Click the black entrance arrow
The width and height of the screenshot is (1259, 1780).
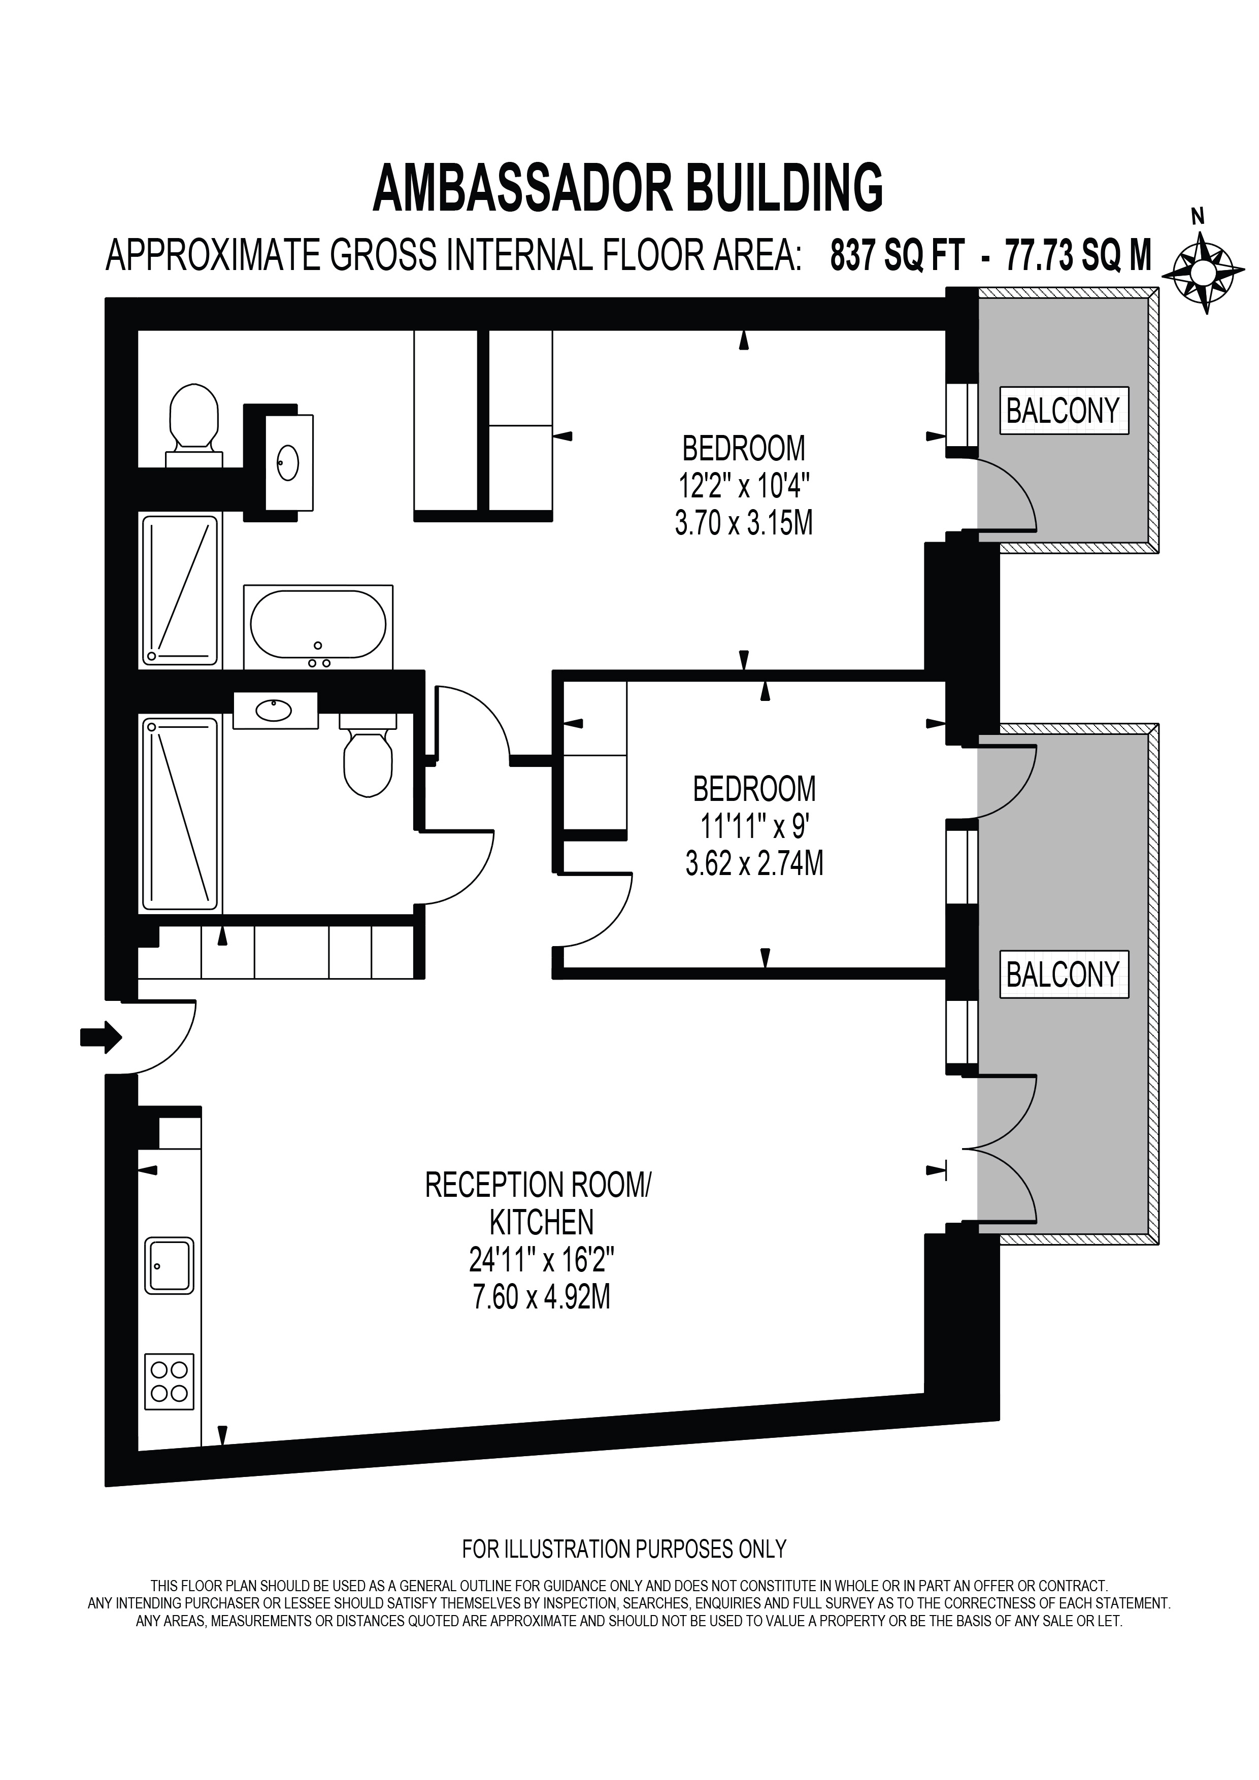pos(102,1036)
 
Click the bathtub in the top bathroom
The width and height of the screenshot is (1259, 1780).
pos(318,627)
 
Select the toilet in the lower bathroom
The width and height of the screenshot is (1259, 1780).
pos(368,754)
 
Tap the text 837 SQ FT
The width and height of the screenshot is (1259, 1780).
pos(897,255)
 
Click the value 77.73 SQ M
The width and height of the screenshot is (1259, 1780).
pos(1078,255)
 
